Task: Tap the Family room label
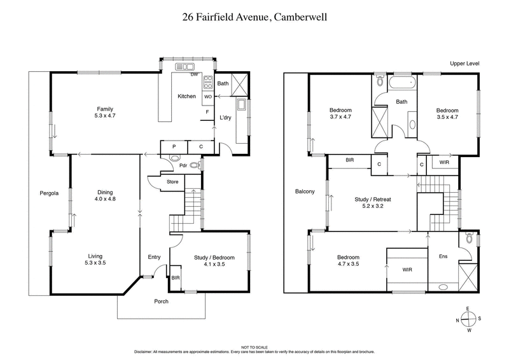point(105,113)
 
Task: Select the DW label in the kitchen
point(194,75)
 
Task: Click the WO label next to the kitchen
point(207,97)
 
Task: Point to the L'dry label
point(225,118)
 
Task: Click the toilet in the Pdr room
point(195,164)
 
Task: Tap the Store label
point(172,182)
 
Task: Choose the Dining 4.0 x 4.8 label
point(105,195)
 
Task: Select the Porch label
point(160,301)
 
